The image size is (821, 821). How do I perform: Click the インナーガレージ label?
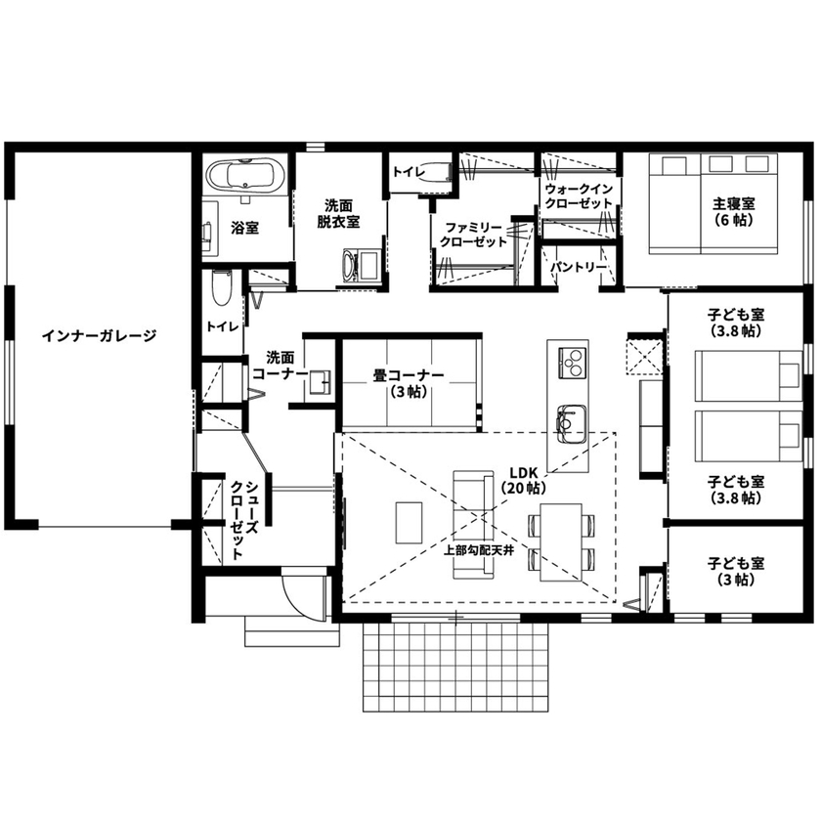[x=99, y=336]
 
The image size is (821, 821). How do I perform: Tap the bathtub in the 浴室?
[x=245, y=176]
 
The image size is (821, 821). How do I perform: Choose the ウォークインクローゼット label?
[x=578, y=194]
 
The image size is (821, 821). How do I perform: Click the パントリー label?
[x=578, y=266]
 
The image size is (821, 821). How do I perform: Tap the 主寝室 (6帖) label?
[x=733, y=212]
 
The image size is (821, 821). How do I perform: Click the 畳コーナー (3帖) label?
[x=408, y=382]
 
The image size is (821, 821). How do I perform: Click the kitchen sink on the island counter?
[x=570, y=420]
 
